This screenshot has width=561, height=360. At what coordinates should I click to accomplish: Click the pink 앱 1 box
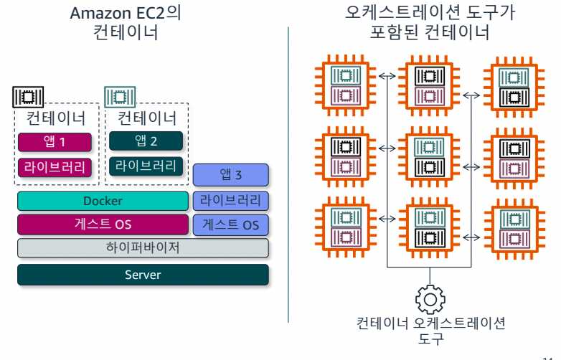pyautogui.click(x=55, y=142)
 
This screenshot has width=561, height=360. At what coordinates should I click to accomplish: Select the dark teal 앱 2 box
pyautogui.click(x=146, y=141)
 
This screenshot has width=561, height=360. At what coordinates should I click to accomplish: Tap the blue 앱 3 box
pyautogui.click(x=230, y=174)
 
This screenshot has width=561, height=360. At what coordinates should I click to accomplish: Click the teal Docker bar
pyautogui.click(x=103, y=202)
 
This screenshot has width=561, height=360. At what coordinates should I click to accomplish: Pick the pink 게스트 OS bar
pyautogui.click(x=103, y=224)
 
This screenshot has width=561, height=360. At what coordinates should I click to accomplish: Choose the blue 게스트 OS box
pyautogui.click(x=230, y=224)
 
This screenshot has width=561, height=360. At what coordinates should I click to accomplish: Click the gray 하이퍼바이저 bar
pyautogui.click(x=143, y=248)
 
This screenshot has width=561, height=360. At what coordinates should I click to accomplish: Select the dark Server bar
pyautogui.click(x=143, y=275)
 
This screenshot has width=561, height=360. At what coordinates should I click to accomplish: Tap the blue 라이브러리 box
pyautogui.click(x=230, y=200)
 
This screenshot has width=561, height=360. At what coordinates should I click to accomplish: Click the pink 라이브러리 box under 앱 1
pyautogui.click(x=55, y=168)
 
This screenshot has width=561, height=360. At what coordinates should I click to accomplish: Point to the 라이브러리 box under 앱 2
pyautogui.click(x=146, y=166)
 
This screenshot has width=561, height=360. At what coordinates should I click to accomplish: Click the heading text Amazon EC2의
pyautogui.click(x=126, y=14)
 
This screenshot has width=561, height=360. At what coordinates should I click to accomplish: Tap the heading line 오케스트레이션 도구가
pyautogui.click(x=429, y=14)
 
